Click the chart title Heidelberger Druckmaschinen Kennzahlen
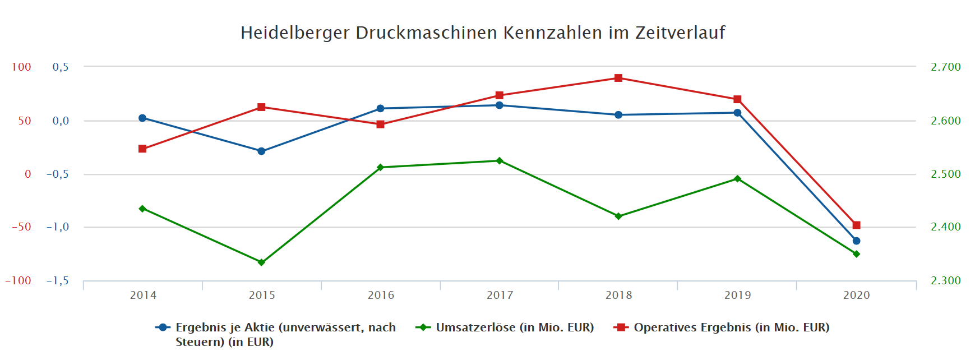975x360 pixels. click(483, 33)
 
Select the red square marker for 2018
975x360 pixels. click(618, 78)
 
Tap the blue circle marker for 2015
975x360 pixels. click(261, 151)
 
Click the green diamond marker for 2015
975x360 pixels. click(261, 262)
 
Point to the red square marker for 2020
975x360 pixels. click(856, 225)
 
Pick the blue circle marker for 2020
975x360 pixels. click(856, 241)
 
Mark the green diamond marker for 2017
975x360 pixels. click(500, 161)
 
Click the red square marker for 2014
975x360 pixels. click(142, 149)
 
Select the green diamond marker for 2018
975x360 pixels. click(618, 216)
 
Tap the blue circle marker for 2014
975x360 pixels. click(142, 118)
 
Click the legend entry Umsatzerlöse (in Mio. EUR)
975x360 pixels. click(514, 327)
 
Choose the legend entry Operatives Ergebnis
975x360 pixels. click(731, 327)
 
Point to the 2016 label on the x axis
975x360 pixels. click(381, 296)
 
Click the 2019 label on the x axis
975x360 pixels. click(737, 296)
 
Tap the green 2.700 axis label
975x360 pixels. click(945, 67)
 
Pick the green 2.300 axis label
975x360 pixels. click(945, 281)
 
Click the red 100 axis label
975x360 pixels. click(21, 67)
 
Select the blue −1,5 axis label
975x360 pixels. click(58, 281)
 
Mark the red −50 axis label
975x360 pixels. click(21, 227)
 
